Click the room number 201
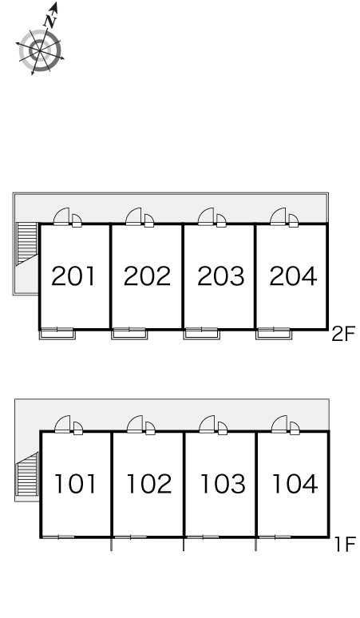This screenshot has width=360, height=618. pos(73,276)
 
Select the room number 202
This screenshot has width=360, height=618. pos(147,276)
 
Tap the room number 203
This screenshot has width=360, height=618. pos(220,276)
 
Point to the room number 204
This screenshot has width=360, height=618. pos(293,276)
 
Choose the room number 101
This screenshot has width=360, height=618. pos(75,484)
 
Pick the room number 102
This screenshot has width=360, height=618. pos(149,484)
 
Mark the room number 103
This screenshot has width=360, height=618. pos(223,484)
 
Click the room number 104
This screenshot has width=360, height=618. pos(295,484)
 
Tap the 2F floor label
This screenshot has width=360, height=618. pos(343,335)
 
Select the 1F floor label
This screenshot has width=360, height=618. pos(346,545)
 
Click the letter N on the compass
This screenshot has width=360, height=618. pos(51,21)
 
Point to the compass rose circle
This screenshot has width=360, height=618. pos(40,51)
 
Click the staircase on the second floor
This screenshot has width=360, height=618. pos(27,244)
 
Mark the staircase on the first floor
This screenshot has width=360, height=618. pos(28,473)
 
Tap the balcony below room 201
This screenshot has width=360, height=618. pos(57,335)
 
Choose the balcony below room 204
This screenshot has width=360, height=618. pos(274,335)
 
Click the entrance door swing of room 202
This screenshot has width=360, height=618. pos(133,216)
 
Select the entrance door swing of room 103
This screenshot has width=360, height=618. pos(208,424)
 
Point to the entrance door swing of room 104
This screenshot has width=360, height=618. pos(279,424)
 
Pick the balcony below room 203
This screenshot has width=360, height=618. pos(202,335)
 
